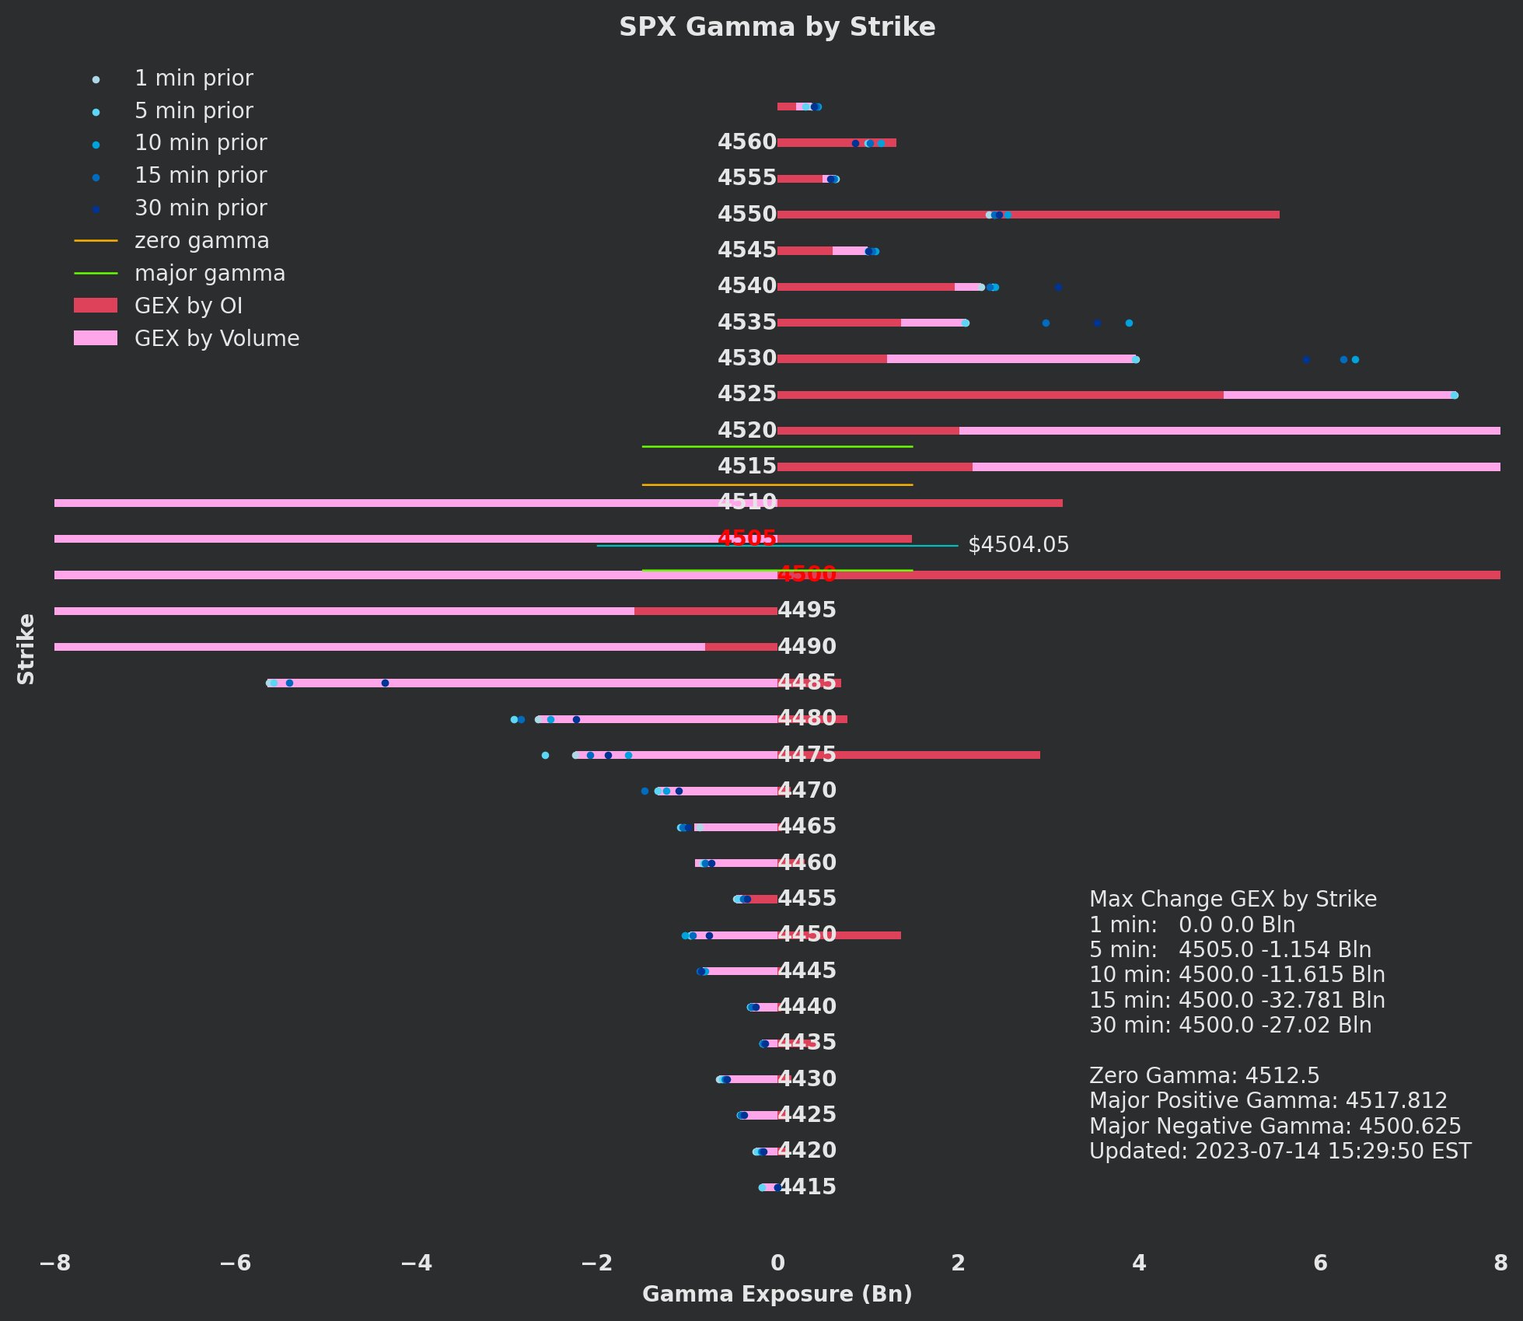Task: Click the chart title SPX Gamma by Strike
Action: [777, 27]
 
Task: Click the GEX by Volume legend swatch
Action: [96, 338]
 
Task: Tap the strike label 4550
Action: [746, 215]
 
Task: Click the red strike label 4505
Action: [746, 538]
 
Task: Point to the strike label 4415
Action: [807, 1186]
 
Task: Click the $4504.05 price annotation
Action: [1018, 545]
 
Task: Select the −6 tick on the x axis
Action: [236, 1263]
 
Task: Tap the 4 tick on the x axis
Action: [1139, 1263]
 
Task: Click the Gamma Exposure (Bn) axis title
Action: [777, 1294]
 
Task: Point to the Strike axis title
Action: [26, 649]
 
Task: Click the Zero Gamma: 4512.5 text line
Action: [1204, 1076]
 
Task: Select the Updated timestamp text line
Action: [1280, 1152]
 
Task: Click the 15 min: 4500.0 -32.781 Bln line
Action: [1237, 1001]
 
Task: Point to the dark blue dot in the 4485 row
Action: [385, 683]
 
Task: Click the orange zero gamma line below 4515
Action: [777, 485]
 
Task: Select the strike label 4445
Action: [807, 971]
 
